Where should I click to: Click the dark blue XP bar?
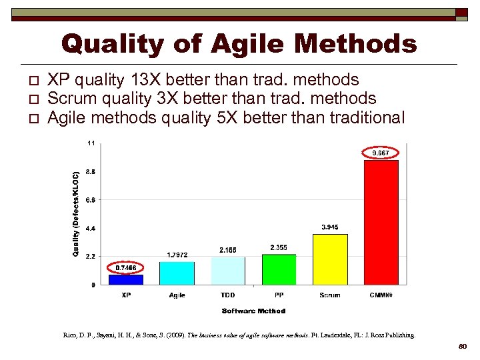125,279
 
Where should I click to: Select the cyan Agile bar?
177,273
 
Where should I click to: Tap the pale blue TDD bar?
228,271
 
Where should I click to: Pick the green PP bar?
279,269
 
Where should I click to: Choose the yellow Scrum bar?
330,259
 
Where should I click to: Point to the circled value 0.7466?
126,267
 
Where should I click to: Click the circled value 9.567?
381,153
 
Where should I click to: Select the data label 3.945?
330,227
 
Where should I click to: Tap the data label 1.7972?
177,255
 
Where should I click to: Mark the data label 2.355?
279,247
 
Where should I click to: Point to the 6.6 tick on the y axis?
90,199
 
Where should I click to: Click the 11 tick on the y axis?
91,143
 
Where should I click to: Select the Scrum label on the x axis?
330,295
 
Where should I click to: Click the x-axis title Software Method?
253,311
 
